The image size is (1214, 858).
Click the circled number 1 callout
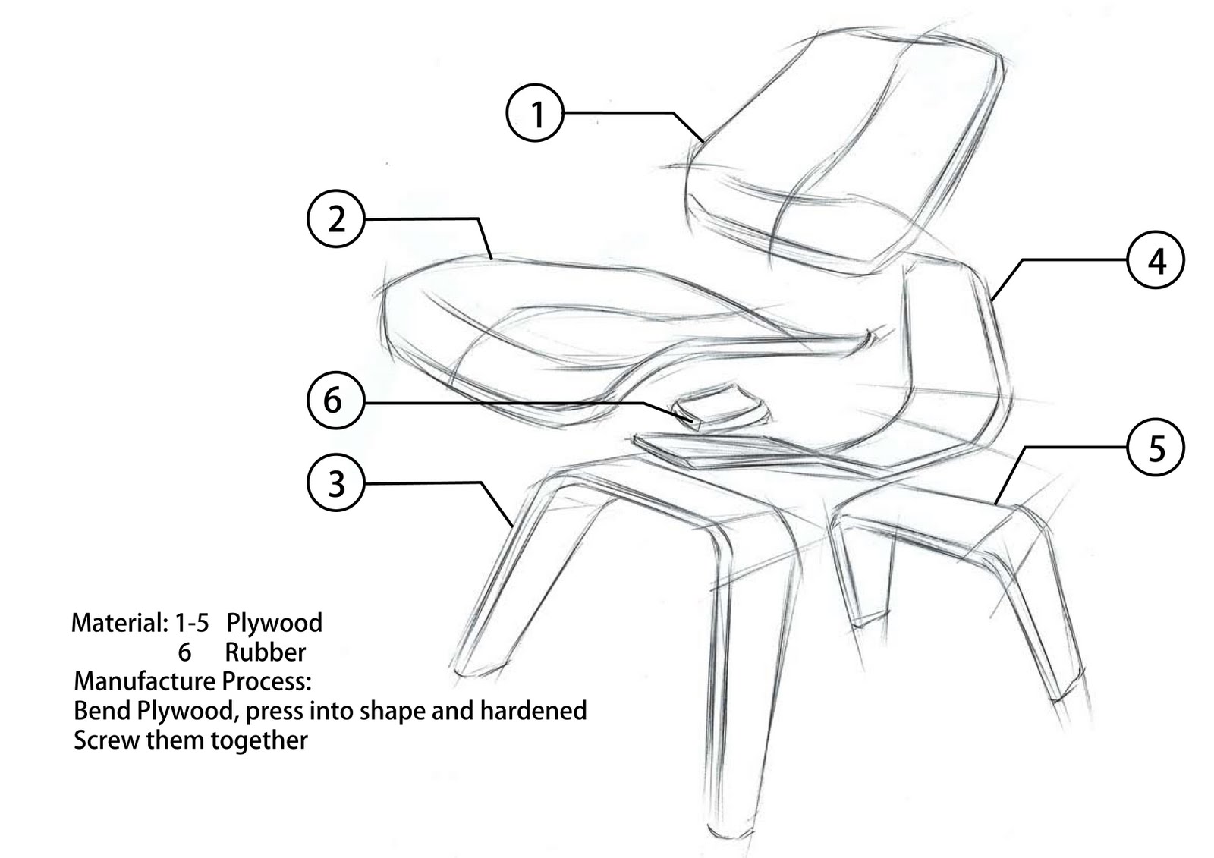[535, 113]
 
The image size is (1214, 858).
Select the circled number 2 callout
[336, 219]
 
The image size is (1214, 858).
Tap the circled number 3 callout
[336, 482]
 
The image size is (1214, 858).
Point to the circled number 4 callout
[1156, 260]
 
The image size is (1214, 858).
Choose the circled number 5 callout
[1156, 448]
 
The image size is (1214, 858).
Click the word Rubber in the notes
[265, 652]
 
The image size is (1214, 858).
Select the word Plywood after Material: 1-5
[274, 624]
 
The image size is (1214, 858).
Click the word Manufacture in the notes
[145, 681]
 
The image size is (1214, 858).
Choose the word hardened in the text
[533, 711]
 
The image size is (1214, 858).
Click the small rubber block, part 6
[721, 407]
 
